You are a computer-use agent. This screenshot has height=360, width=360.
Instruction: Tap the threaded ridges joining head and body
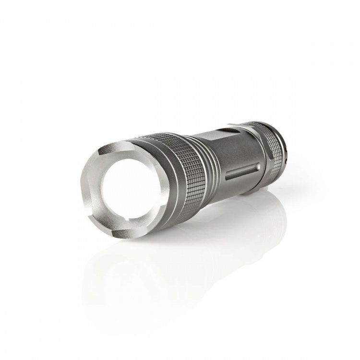click(x=211, y=158)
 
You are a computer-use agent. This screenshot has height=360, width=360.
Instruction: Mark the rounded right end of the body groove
click(x=260, y=167)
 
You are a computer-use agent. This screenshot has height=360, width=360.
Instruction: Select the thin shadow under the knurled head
click(x=192, y=211)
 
